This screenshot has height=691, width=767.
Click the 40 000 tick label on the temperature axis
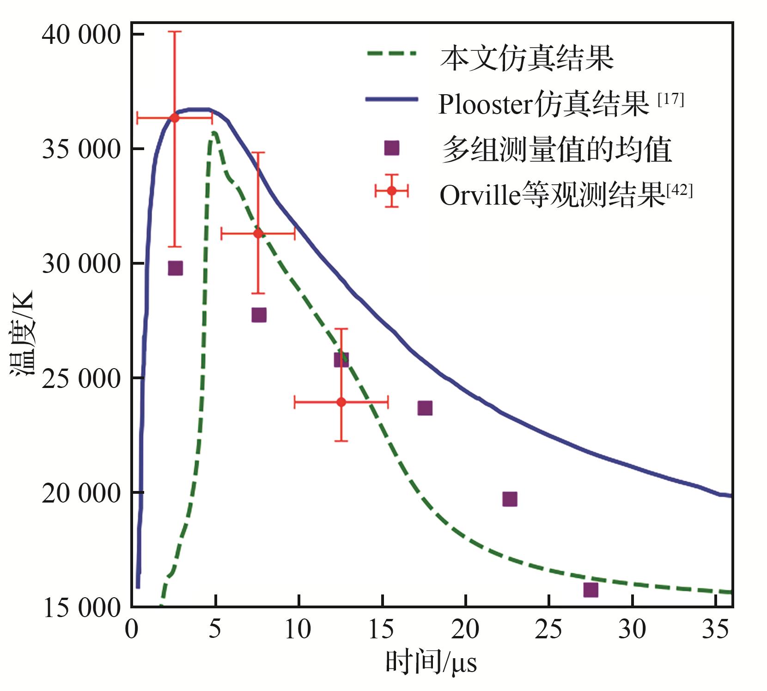[x=81, y=35]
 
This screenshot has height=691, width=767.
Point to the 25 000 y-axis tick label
[x=81, y=379]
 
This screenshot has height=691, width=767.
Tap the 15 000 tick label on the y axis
[x=81, y=608]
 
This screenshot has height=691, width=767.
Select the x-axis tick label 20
[x=465, y=629]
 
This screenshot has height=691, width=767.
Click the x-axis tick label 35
[x=715, y=629]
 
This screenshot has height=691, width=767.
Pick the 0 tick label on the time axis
[x=132, y=629]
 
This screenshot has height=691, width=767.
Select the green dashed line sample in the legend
[x=391, y=54]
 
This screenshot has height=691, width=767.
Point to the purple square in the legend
[x=391, y=148]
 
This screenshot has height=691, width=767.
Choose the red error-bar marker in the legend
[x=392, y=191]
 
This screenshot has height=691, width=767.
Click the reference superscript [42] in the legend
[x=679, y=190]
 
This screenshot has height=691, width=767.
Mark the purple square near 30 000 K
[x=175, y=268]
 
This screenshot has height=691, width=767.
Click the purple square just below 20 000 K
[x=510, y=499]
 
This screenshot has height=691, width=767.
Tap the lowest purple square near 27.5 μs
[x=590, y=590]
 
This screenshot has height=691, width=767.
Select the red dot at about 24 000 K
[x=341, y=402]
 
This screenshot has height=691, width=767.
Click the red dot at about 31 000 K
[x=258, y=234]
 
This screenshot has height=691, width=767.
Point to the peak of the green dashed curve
[x=214, y=133]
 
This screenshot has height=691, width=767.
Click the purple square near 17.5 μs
[x=425, y=408]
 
